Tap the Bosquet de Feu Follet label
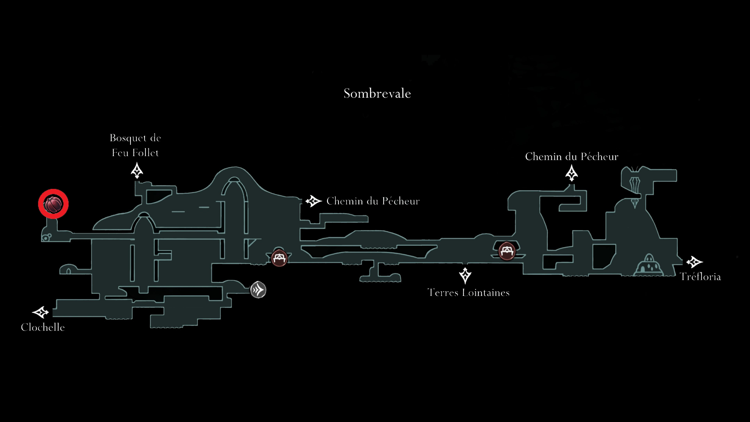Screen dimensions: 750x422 (135, 145)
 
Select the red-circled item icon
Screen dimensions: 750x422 (53, 204)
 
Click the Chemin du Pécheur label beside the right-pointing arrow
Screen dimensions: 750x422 (373, 201)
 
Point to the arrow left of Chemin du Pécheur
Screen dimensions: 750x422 (313, 201)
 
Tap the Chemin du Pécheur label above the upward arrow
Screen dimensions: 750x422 (571, 157)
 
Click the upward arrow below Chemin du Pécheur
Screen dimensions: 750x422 (571, 173)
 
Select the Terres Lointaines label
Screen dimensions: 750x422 (468, 292)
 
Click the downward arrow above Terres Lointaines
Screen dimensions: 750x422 (465, 275)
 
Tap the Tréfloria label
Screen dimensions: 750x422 (700, 277)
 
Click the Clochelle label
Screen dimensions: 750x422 (43, 327)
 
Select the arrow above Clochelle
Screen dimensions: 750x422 (40, 312)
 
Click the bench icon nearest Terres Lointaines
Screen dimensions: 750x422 (507, 251)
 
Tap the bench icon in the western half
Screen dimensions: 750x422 (279, 258)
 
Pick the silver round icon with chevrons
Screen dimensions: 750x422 (258, 290)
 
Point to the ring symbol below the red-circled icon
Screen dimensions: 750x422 (46, 238)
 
